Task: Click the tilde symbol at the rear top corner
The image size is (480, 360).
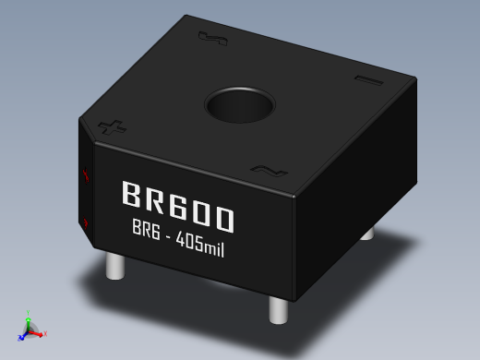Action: [x=212, y=39]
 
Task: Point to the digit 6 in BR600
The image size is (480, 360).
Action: [x=179, y=206]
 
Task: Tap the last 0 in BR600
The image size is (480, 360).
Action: [x=223, y=219]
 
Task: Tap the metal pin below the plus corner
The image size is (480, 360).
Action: [x=115, y=266]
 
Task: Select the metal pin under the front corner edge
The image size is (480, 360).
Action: [x=278, y=310]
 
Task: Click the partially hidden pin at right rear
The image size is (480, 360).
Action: [x=367, y=234]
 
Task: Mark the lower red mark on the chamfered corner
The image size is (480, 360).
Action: [x=86, y=222]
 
